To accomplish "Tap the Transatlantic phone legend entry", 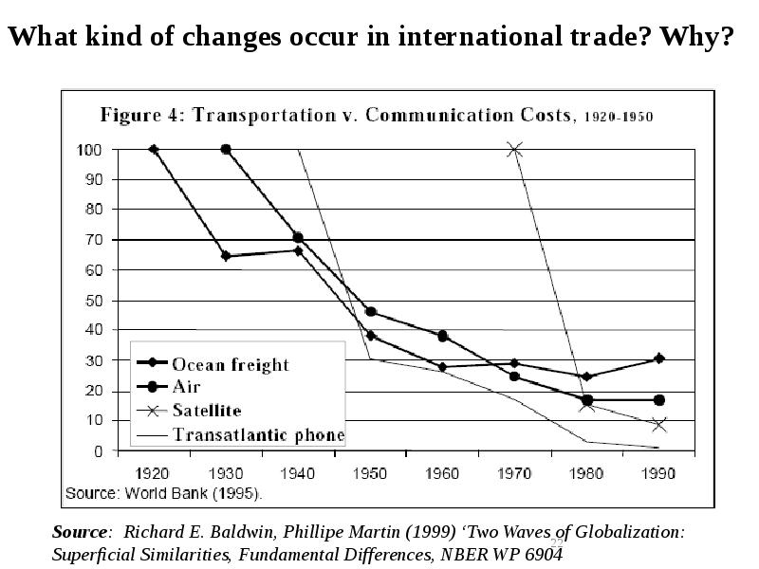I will (x=257, y=436).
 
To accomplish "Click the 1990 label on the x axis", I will (x=658, y=469).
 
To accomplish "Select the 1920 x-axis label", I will (x=154, y=469).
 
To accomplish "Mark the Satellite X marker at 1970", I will (x=515, y=150).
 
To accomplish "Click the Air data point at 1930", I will (x=226, y=150).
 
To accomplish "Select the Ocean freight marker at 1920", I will (x=154, y=150).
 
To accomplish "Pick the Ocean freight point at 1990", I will (x=658, y=358).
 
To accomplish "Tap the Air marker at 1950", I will (x=370, y=312).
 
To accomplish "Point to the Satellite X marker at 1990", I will (x=658, y=425).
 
